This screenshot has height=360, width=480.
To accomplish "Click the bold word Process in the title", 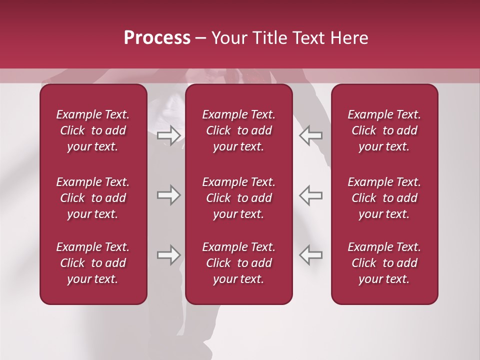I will pos(157,38).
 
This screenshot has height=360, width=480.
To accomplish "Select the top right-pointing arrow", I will pos(168,135).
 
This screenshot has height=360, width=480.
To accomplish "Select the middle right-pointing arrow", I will pos(168,195).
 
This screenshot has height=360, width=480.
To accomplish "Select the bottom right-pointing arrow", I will pos(168,255).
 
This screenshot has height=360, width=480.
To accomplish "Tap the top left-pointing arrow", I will pos(310,135).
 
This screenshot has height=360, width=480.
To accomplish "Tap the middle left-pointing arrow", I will pos(310,195).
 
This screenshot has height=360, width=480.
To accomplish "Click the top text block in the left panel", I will pos(93,130).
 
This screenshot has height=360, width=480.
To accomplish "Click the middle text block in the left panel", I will pos(93,198).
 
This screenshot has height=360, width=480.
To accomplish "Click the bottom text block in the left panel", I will pos(93,263).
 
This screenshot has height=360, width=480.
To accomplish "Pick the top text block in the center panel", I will pos(239,130).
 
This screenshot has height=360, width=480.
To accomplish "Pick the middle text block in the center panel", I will pos(239,198).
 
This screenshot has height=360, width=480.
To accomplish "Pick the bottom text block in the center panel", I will pos(239,263).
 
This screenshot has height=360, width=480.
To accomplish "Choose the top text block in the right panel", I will pos(384,130).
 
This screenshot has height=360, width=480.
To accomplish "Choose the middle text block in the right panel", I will pos(384,198).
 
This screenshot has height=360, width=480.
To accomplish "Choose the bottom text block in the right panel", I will pos(384,263).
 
